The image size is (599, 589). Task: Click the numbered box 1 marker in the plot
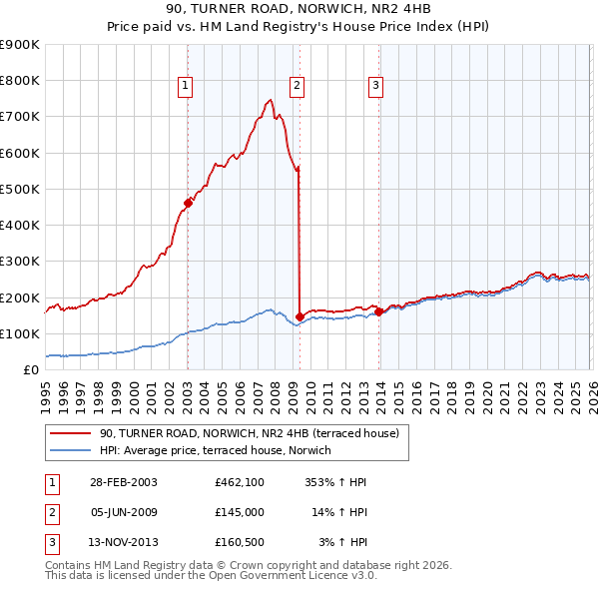(x=187, y=86)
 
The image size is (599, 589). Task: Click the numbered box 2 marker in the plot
(x=298, y=86)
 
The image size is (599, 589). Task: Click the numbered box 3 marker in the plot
(x=376, y=86)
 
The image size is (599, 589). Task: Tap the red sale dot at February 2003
(x=188, y=204)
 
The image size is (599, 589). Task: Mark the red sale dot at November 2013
(x=378, y=311)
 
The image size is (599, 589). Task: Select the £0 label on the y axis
(x=30, y=369)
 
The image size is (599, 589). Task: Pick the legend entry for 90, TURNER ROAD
(x=250, y=433)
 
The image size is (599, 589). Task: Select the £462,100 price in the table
(x=239, y=481)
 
